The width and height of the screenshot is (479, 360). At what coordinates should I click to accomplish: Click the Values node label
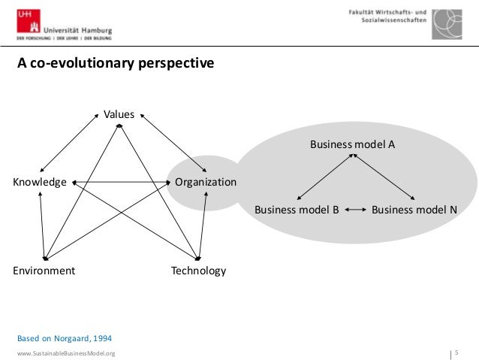pyautogui.click(x=119, y=114)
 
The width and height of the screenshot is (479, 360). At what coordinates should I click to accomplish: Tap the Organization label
pyautogui.click(x=205, y=182)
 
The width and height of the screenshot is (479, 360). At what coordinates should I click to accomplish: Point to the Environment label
pyautogui.click(x=44, y=271)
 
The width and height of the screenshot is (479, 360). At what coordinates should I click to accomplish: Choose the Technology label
pyautogui.click(x=198, y=271)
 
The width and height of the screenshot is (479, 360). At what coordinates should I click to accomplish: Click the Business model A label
pyautogui.click(x=352, y=144)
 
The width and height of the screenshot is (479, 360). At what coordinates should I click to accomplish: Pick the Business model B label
pyautogui.click(x=297, y=210)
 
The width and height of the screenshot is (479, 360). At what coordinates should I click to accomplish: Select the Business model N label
pyautogui.click(x=414, y=210)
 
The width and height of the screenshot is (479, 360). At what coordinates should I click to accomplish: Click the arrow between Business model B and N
pyautogui.click(x=355, y=210)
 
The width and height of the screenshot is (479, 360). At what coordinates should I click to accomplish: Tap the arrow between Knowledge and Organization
pyautogui.click(x=120, y=182)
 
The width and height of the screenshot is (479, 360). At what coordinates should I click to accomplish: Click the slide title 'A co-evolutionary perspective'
pyautogui.click(x=116, y=64)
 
